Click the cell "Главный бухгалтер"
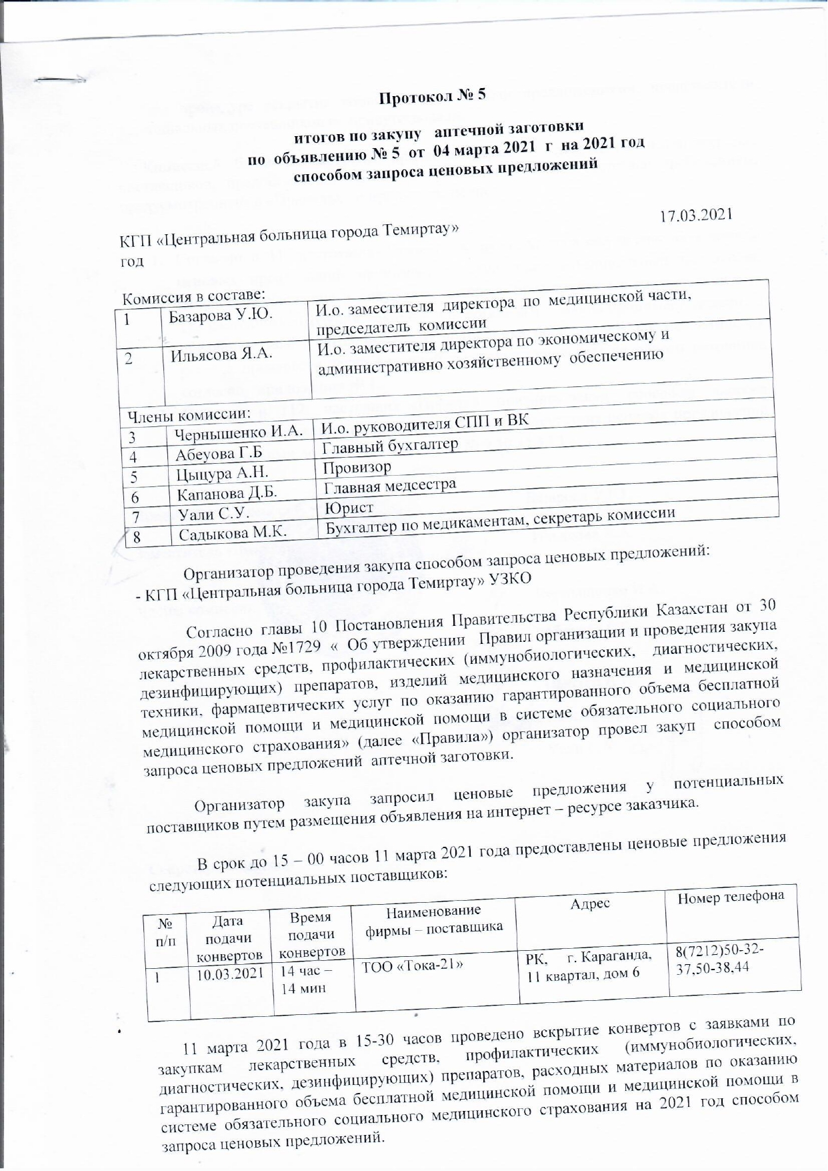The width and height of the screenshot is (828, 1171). point(390,445)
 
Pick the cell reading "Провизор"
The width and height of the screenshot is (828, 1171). point(357,467)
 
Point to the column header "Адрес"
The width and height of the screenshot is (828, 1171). point(590,903)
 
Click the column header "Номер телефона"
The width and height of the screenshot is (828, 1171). point(731,897)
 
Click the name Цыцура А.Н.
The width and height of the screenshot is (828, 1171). point(222,474)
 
